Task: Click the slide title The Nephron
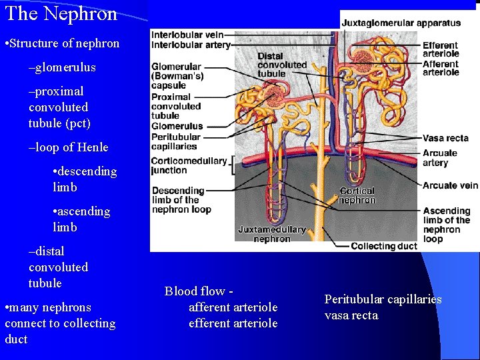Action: click(x=61, y=13)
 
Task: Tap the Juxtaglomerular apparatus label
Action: click(x=401, y=23)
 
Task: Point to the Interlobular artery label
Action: click(x=191, y=45)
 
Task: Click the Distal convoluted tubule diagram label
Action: click(x=282, y=65)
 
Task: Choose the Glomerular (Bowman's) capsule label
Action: click(x=177, y=76)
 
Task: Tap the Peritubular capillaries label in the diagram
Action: click(x=175, y=141)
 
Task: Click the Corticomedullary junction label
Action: click(x=187, y=165)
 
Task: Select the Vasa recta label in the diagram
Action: click(x=445, y=138)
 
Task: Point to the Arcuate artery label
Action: click(x=440, y=158)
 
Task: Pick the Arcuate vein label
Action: click(x=450, y=185)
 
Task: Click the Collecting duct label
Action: click(x=383, y=246)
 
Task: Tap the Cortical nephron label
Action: click(x=357, y=195)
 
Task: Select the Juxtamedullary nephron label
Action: click(x=272, y=234)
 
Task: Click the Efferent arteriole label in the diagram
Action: click(x=441, y=49)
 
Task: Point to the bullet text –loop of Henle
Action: click(x=68, y=147)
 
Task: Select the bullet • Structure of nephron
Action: click(x=62, y=44)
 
